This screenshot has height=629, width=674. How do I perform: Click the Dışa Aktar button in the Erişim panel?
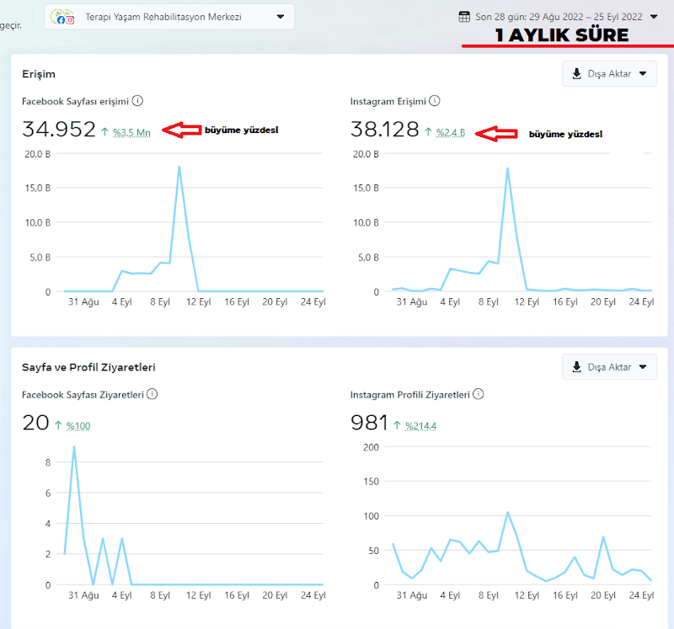[609, 73]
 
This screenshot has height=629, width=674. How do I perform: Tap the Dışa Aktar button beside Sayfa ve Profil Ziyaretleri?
[609, 367]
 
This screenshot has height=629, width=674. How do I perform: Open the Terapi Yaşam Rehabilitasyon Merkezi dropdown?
[169, 17]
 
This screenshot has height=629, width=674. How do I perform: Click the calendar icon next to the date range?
[464, 17]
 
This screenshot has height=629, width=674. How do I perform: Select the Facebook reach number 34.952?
[59, 129]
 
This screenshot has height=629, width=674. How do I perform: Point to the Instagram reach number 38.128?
[385, 129]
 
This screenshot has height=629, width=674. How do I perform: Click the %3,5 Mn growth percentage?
[131, 132]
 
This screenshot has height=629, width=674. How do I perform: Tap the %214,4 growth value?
[420, 426]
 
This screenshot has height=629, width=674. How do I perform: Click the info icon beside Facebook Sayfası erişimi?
[137, 101]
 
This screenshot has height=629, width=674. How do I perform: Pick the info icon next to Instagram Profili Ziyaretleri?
[478, 394]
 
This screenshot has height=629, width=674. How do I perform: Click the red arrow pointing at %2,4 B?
[496, 134]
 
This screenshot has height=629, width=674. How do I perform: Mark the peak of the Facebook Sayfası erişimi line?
[179, 167]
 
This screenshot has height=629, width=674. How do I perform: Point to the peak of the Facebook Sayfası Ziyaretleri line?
[74, 447]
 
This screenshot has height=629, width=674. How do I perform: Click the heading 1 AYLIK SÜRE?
[562, 35]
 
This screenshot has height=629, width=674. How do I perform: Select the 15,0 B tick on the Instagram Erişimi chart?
[366, 188]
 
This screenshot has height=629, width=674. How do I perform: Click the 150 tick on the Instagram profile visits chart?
[371, 481]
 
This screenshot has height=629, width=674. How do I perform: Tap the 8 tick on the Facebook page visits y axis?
[48, 462]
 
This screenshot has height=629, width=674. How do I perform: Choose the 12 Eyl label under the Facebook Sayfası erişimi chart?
[199, 301]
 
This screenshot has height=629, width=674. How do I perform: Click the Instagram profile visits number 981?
[369, 423]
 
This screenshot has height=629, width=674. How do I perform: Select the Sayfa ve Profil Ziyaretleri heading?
[88, 367]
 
